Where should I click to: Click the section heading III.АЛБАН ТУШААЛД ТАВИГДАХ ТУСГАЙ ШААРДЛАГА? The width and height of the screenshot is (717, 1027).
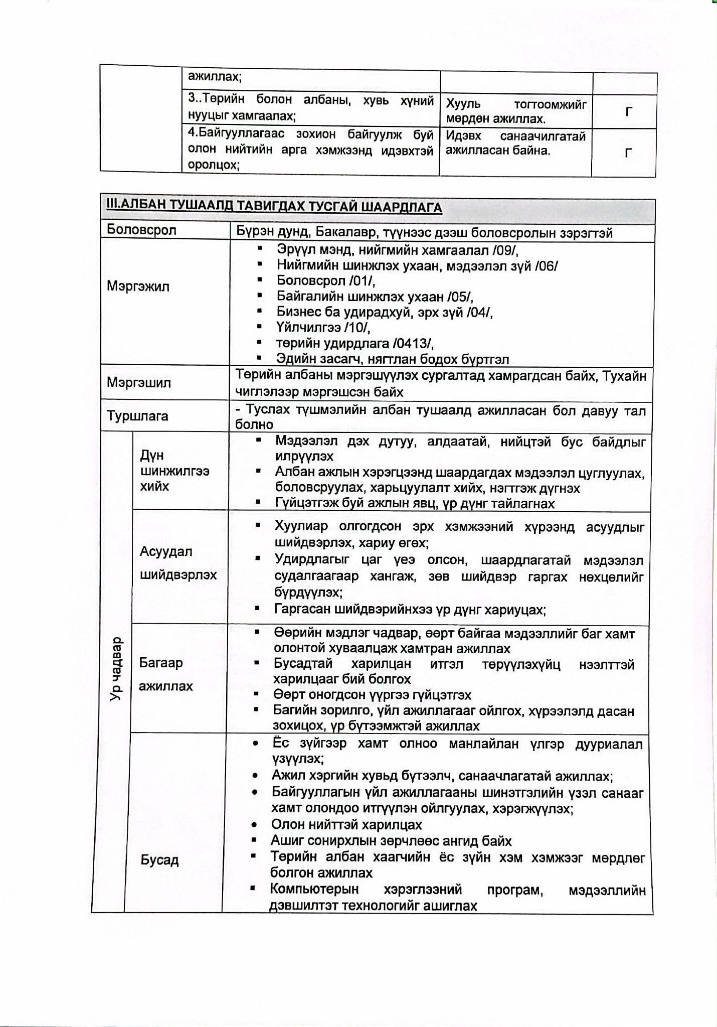(x=274, y=207)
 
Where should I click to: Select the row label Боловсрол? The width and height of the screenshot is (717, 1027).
(x=141, y=230)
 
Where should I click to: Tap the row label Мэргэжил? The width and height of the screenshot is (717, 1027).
(x=138, y=286)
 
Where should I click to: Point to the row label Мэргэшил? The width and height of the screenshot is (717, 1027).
(x=138, y=383)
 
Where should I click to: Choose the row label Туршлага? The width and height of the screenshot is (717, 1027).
(x=137, y=416)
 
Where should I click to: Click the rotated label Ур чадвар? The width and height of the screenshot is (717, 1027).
(x=116, y=669)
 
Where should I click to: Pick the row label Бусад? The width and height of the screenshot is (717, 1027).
(x=159, y=860)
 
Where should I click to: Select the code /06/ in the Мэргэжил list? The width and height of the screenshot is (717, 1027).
(x=546, y=266)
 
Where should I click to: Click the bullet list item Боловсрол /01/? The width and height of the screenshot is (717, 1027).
(x=325, y=281)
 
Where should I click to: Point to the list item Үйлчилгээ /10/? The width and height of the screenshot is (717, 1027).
(x=323, y=328)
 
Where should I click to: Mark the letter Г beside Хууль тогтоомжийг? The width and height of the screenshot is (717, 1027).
(x=628, y=112)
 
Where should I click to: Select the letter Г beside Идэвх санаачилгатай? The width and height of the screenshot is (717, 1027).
(x=628, y=153)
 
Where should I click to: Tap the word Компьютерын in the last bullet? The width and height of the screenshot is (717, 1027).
(x=314, y=889)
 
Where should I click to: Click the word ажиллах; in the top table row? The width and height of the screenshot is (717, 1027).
(x=215, y=77)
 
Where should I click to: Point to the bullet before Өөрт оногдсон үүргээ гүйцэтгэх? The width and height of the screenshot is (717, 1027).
(x=257, y=695)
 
